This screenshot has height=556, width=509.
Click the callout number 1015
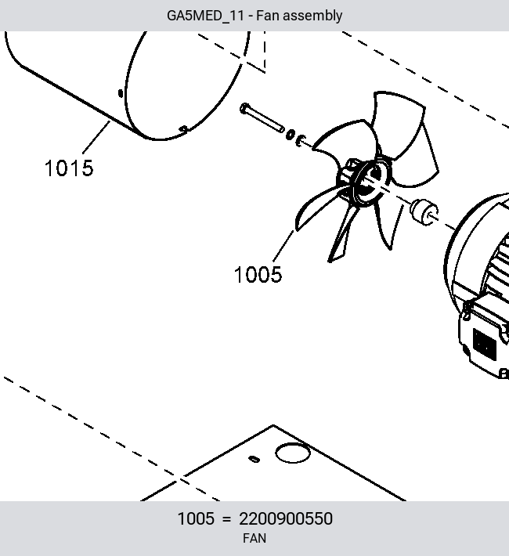[x=69, y=168]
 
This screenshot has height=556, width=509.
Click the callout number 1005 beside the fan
[x=258, y=274]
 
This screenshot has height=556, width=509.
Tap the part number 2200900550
[x=286, y=518]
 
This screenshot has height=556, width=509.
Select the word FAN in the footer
[x=254, y=538]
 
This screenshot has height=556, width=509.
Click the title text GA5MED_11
[x=205, y=16]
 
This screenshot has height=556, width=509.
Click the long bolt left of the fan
[x=262, y=117]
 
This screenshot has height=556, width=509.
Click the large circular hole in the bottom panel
[x=293, y=453]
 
